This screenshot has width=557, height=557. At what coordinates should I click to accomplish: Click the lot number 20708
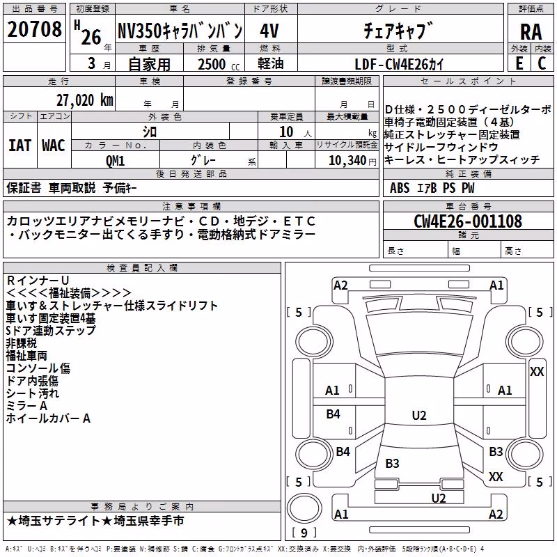(x=34, y=29)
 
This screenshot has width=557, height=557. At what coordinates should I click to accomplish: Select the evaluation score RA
(x=531, y=32)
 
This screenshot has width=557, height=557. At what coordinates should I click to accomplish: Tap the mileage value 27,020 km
(x=84, y=100)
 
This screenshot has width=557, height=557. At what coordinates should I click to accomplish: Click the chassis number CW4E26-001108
(x=468, y=221)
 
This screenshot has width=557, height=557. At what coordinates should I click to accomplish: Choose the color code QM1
(x=115, y=161)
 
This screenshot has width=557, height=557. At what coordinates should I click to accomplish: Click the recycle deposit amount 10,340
(x=347, y=160)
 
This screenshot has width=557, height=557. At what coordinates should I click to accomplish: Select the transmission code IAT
(x=20, y=146)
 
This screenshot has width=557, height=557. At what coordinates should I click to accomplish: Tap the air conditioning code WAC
(x=54, y=146)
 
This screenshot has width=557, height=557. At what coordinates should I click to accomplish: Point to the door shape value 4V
(x=269, y=31)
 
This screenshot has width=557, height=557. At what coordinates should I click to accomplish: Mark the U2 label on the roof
(x=419, y=415)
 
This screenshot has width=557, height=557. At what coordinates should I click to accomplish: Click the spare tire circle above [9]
(x=304, y=508)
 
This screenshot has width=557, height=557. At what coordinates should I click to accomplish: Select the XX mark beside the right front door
(x=536, y=372)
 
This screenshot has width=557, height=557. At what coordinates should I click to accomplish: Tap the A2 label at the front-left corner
(x=340, y=285)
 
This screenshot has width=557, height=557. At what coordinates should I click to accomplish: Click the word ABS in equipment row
(x=400, y=187)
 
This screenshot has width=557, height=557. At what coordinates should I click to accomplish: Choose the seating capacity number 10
(x=286, y=132)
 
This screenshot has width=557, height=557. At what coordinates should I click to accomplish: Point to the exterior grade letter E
(x=519, y=63)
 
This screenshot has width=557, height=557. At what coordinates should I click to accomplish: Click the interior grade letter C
(x=542, y=63)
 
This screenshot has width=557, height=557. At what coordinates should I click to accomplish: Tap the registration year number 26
(x=91, y=37)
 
